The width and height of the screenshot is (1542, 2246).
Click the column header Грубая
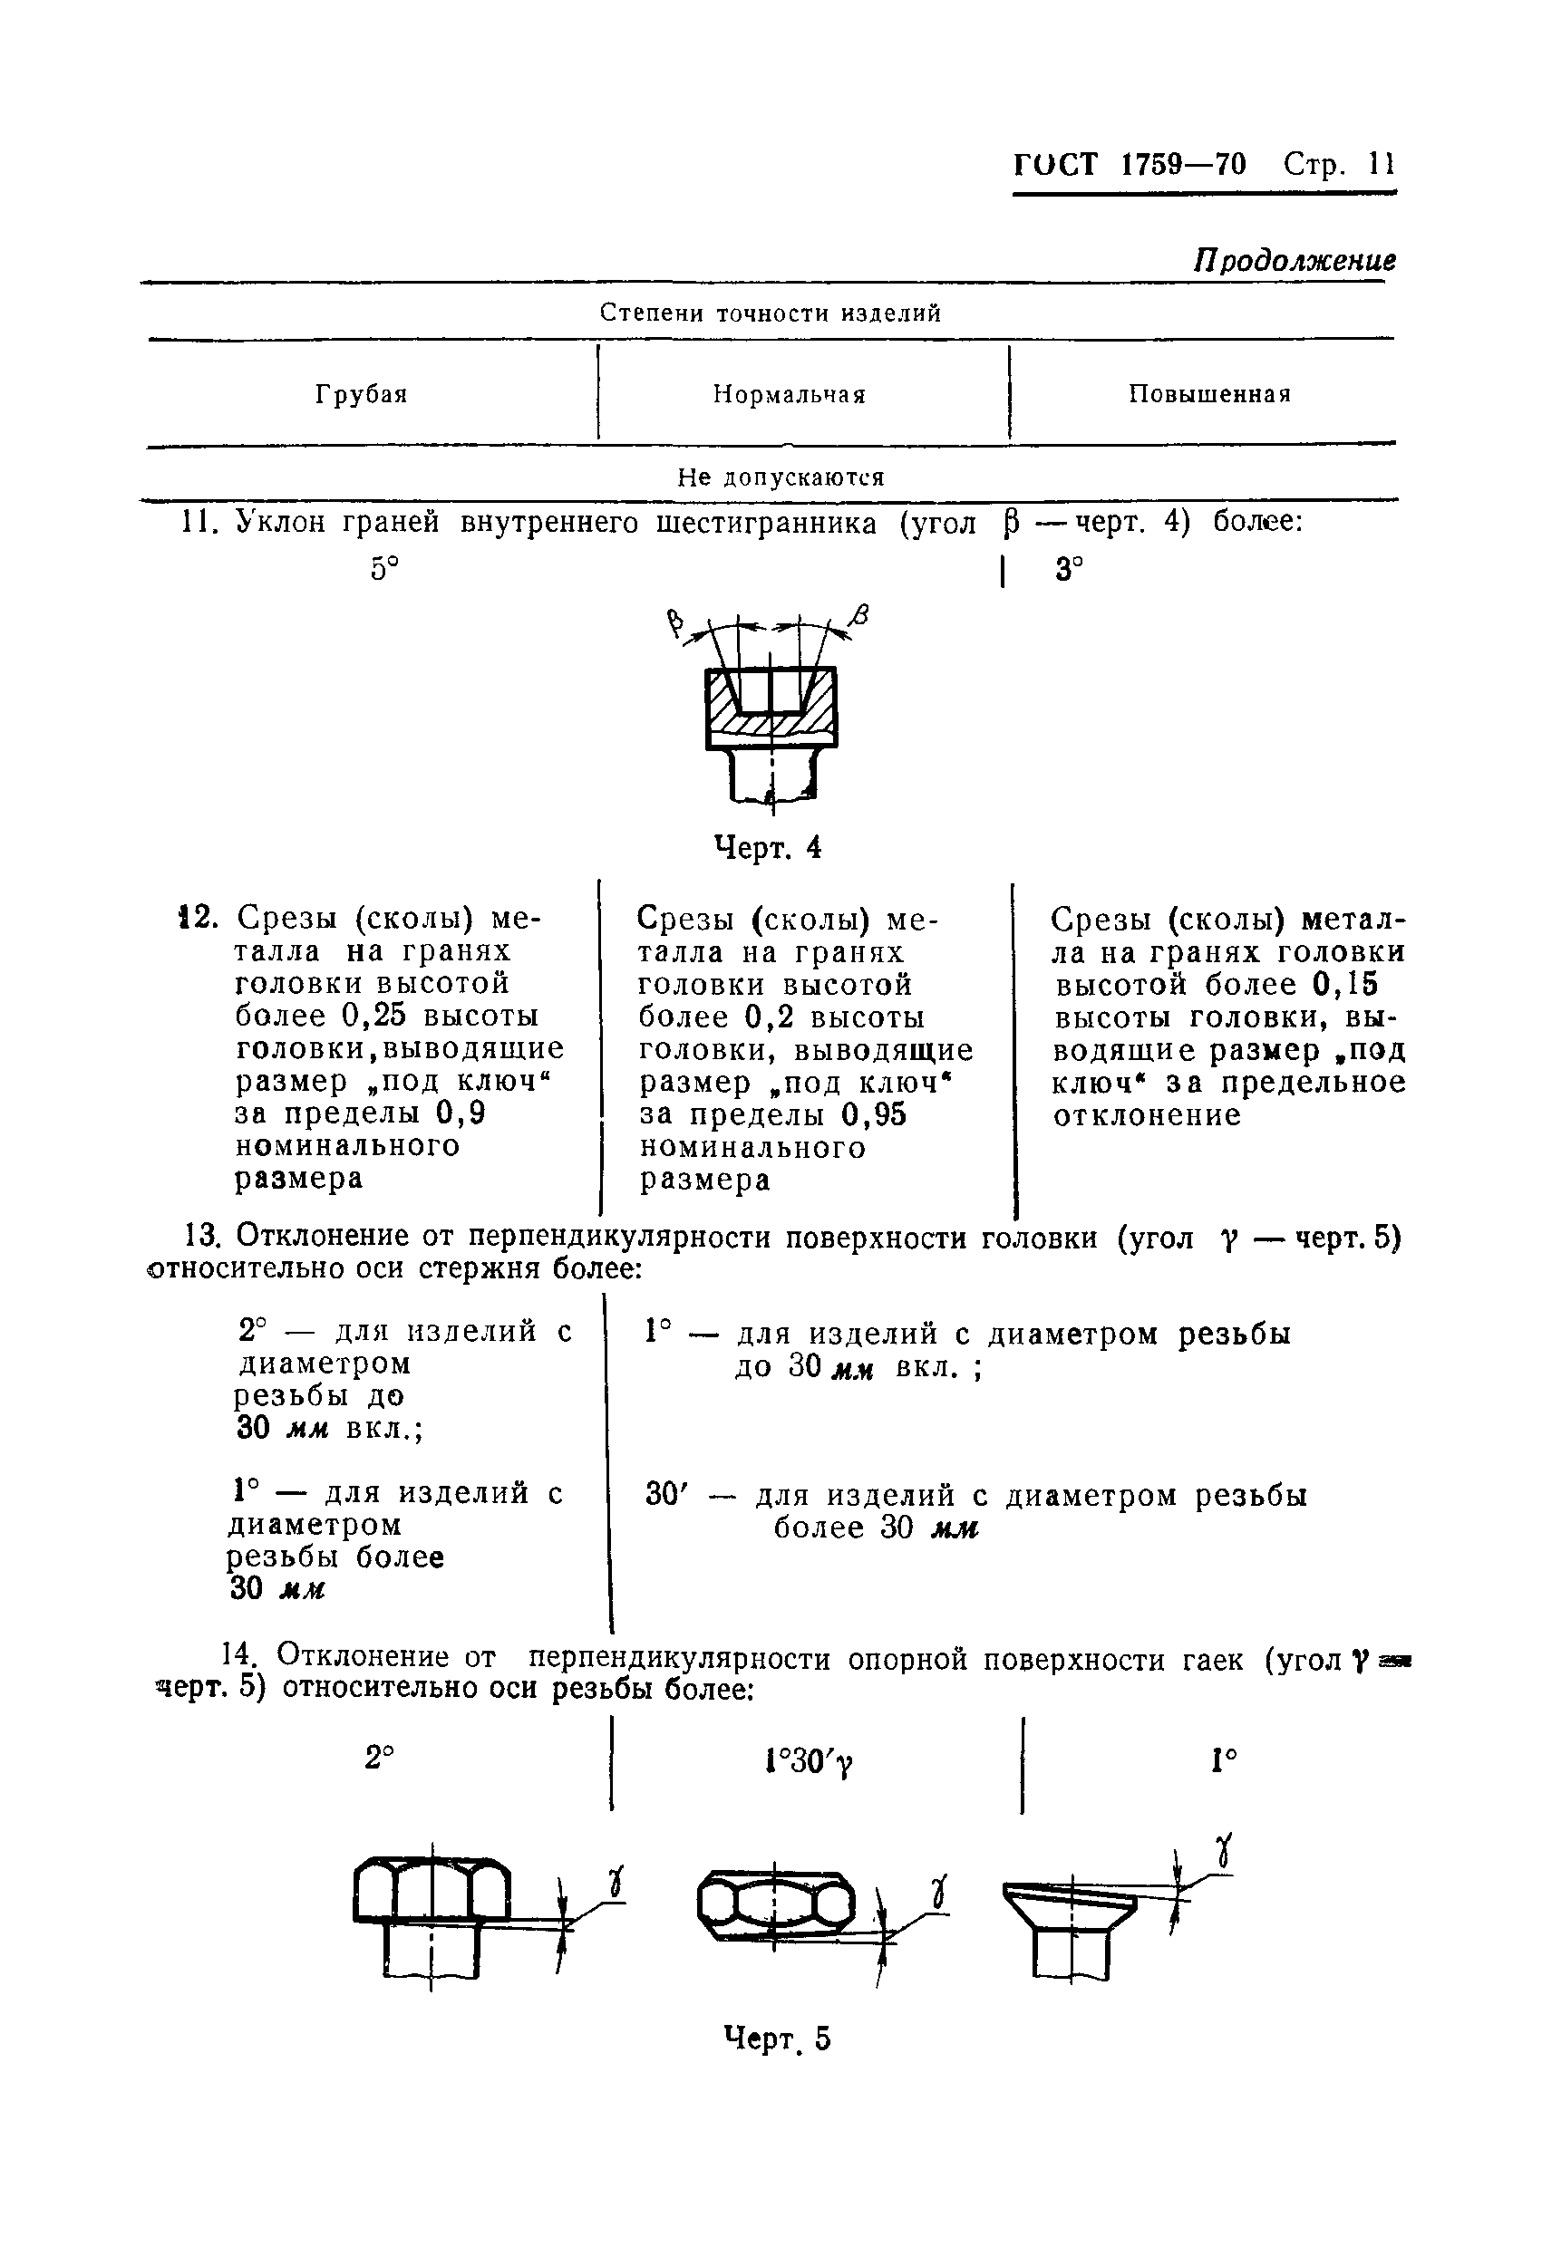[361, 394]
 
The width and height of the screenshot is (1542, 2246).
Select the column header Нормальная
[789, 394]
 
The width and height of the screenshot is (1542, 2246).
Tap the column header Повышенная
[1209, 394]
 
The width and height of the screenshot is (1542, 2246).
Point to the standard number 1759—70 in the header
[1183, 164]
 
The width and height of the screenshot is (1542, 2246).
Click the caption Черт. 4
[768, 847]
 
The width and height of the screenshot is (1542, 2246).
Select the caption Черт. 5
[777, 2039]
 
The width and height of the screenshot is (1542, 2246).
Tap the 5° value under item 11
[384, 569]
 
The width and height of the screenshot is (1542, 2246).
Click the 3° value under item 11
[1068, 570]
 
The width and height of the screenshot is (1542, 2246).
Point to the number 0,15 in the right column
[1344, 984]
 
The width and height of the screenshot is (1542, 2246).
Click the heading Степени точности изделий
[771, 313]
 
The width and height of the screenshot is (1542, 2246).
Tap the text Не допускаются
[781, 477]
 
